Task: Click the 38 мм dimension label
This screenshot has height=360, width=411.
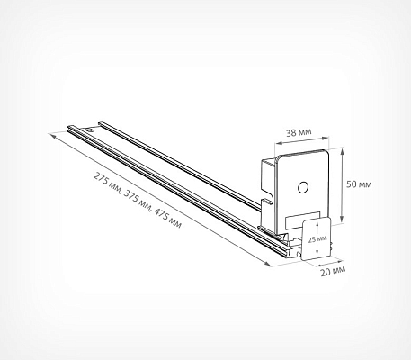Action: click(299, 132)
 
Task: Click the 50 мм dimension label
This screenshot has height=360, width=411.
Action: click(359, 184)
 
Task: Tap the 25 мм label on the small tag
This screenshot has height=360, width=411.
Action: click(317, 239)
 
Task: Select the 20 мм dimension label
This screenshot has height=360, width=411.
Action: click(333, 271)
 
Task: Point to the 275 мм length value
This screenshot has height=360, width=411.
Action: click(106, 181)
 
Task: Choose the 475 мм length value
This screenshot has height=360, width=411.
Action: click(167, 219)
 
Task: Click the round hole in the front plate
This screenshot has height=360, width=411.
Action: click(303, 187)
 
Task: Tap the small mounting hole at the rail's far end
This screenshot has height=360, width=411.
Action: click(89, 130)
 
